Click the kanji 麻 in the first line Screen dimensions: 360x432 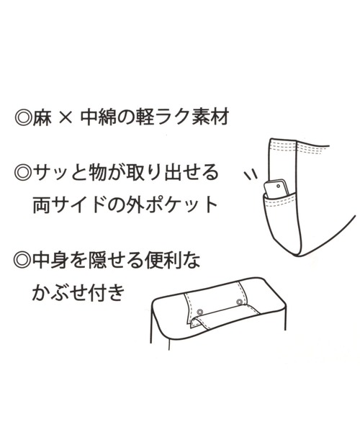pos(42,119)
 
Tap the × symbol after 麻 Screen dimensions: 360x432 pos(66,119)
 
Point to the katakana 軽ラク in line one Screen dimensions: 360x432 pos(163,119)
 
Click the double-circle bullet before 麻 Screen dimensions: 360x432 pos(23,119)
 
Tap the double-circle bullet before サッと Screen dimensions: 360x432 pos(22,174)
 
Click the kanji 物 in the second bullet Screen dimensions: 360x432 pos(99,173)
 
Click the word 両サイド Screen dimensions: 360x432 pos(70,204)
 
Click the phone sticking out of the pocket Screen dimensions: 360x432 pos(276,189)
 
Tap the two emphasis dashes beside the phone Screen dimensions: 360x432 pos(251,176)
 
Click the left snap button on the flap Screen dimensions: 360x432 pos(199,312)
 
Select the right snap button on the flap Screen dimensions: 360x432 pos(239,302)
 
